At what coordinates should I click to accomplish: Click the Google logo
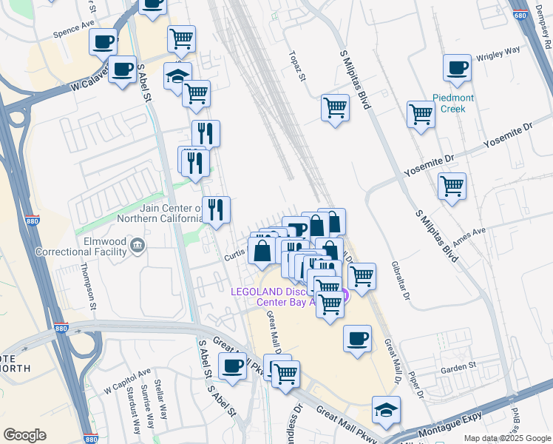[24, 435]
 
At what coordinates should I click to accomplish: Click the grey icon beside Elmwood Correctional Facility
[138, 244]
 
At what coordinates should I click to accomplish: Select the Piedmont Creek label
[454, 103]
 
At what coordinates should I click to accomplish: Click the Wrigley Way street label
[498, 53]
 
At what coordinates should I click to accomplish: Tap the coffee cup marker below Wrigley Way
[457, 69]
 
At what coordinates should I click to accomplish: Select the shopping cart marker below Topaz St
[335, 108]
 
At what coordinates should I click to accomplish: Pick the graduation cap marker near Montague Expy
[386, 409]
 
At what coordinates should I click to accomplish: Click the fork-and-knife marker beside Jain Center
[216, 209]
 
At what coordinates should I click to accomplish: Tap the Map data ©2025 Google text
[507, 438]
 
